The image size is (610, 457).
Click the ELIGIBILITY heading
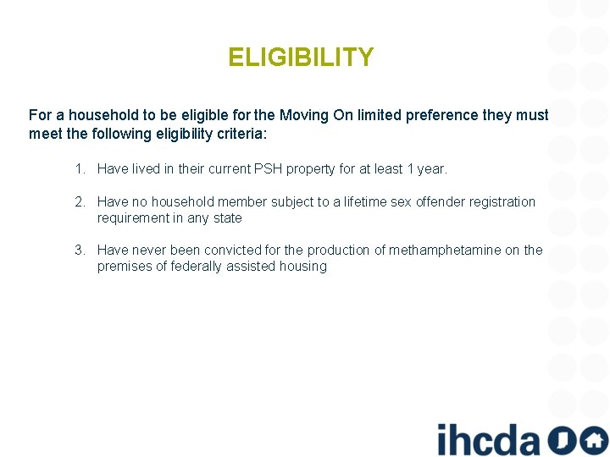301,58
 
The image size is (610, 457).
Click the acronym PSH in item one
269,169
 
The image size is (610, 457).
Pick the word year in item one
430,169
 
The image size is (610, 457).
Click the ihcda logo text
488,438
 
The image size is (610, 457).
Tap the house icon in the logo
593,440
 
